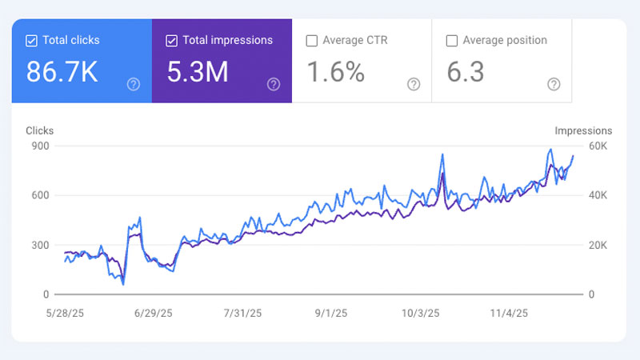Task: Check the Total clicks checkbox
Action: (31, 41)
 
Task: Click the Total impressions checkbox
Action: (171, 41)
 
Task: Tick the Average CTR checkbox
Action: (312, 41)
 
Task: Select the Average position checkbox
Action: (452, 41)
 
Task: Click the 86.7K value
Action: (62, 72)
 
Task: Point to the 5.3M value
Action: (198, 72)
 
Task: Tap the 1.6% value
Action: (335, 72)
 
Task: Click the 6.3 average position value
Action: (466, 72)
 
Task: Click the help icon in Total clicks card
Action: (134, 85)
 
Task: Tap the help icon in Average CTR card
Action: (414, 85)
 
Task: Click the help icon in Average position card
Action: (554, 85)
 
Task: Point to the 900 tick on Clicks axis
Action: (41, 146)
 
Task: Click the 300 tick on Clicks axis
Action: (41, 246)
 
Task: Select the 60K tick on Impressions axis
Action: (598, 146)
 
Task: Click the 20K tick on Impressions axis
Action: (598, 246)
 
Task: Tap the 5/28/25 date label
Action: (65, 314)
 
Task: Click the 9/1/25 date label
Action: (331, 314)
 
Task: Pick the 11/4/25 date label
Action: (509, 314)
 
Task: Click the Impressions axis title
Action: (583, 131)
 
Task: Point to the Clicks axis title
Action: (39, 130)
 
